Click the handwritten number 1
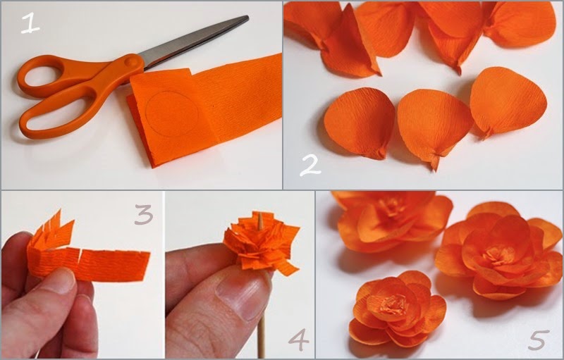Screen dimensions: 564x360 pos(30,23)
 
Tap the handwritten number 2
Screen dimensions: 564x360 pos(310,165)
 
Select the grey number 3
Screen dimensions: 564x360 pos(144,214)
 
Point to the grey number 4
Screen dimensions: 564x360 pos(298,340)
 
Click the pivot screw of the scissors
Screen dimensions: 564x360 pos(131,61)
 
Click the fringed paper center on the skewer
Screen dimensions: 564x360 pos(262,242)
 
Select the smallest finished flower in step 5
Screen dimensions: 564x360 pos(397,309)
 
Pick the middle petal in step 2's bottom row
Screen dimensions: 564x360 pos(434,125)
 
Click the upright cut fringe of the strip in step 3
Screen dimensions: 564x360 pos(54,229)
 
